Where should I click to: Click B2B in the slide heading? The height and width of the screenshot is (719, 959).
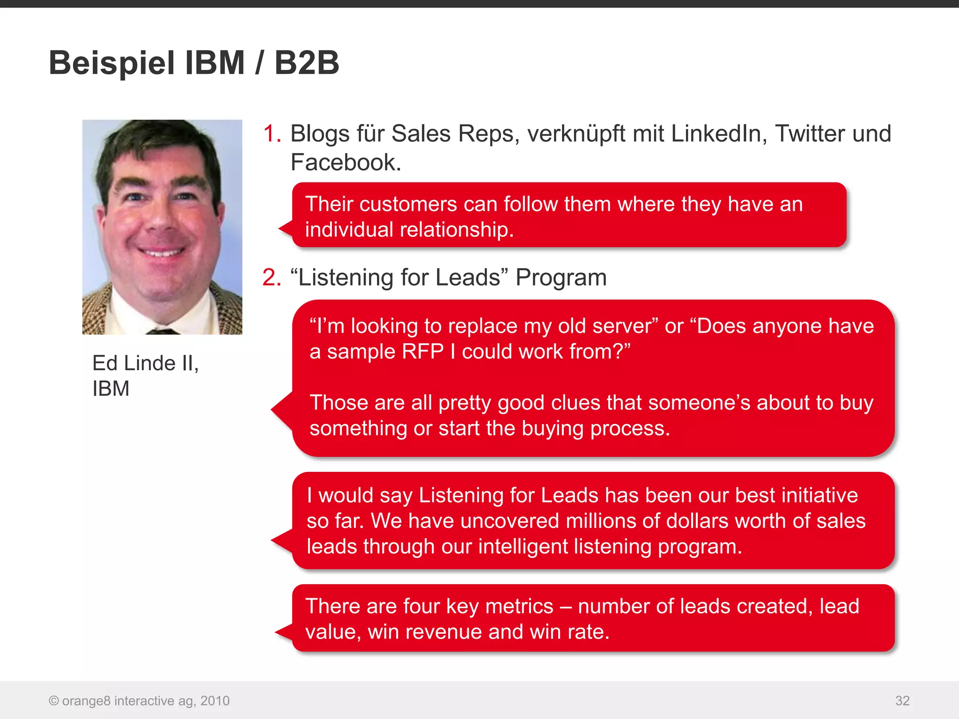tap(306, 63)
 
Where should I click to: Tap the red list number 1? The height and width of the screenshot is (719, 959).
tap(271, 134)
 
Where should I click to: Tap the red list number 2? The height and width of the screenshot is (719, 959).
tap(271, 278)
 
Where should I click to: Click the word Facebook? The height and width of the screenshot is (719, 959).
tap(346, 163)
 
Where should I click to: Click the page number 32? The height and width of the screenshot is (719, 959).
tap(902, 701)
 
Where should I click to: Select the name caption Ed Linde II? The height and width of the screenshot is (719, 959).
tap(146, 363)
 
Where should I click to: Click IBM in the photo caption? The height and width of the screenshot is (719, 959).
tap(111, 389)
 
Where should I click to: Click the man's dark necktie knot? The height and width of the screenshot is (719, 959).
tap(162, 331)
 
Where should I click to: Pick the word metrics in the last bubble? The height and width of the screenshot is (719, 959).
tap(519, 607)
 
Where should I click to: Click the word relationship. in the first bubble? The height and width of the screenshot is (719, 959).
tap(457, 230)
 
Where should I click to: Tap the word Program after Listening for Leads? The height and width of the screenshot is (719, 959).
tap(561, 278)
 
